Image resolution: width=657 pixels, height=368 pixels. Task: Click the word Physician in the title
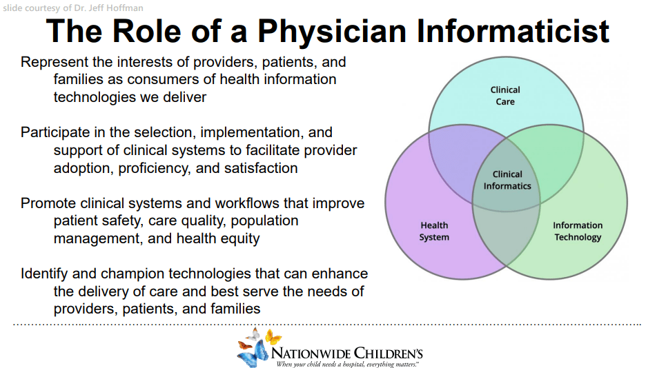332,32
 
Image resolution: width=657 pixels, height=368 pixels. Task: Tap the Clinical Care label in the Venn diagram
505,96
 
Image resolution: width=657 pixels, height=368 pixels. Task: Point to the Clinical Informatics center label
507,181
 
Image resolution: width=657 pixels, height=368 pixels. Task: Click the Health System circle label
434,232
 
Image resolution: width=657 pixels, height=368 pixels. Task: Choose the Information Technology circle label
578,232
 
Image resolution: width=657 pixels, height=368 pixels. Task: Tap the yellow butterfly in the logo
273,336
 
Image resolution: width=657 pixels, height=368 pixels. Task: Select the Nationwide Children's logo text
347,353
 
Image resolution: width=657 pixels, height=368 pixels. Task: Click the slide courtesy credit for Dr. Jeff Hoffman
73,8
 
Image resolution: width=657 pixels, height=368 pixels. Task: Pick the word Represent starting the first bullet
55,62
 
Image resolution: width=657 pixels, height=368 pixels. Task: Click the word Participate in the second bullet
55,132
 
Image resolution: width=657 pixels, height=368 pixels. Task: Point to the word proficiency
155,169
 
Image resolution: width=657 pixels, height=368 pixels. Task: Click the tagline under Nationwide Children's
347,365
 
